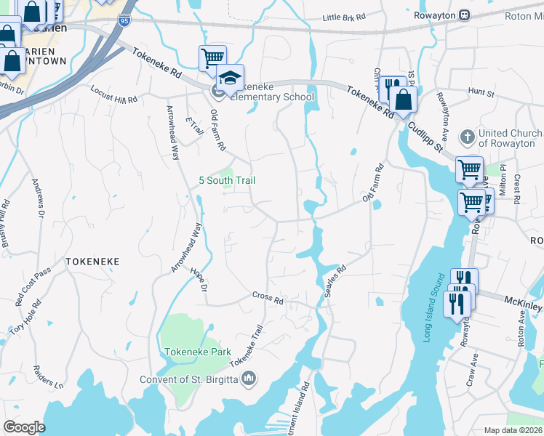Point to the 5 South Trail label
coord(227,180)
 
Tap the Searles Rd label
coord(335,277)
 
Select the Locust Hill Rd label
coord(113,94)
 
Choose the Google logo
coord(24,427)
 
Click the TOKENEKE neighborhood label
coord(92,260)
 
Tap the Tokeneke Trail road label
coord(246,346)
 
